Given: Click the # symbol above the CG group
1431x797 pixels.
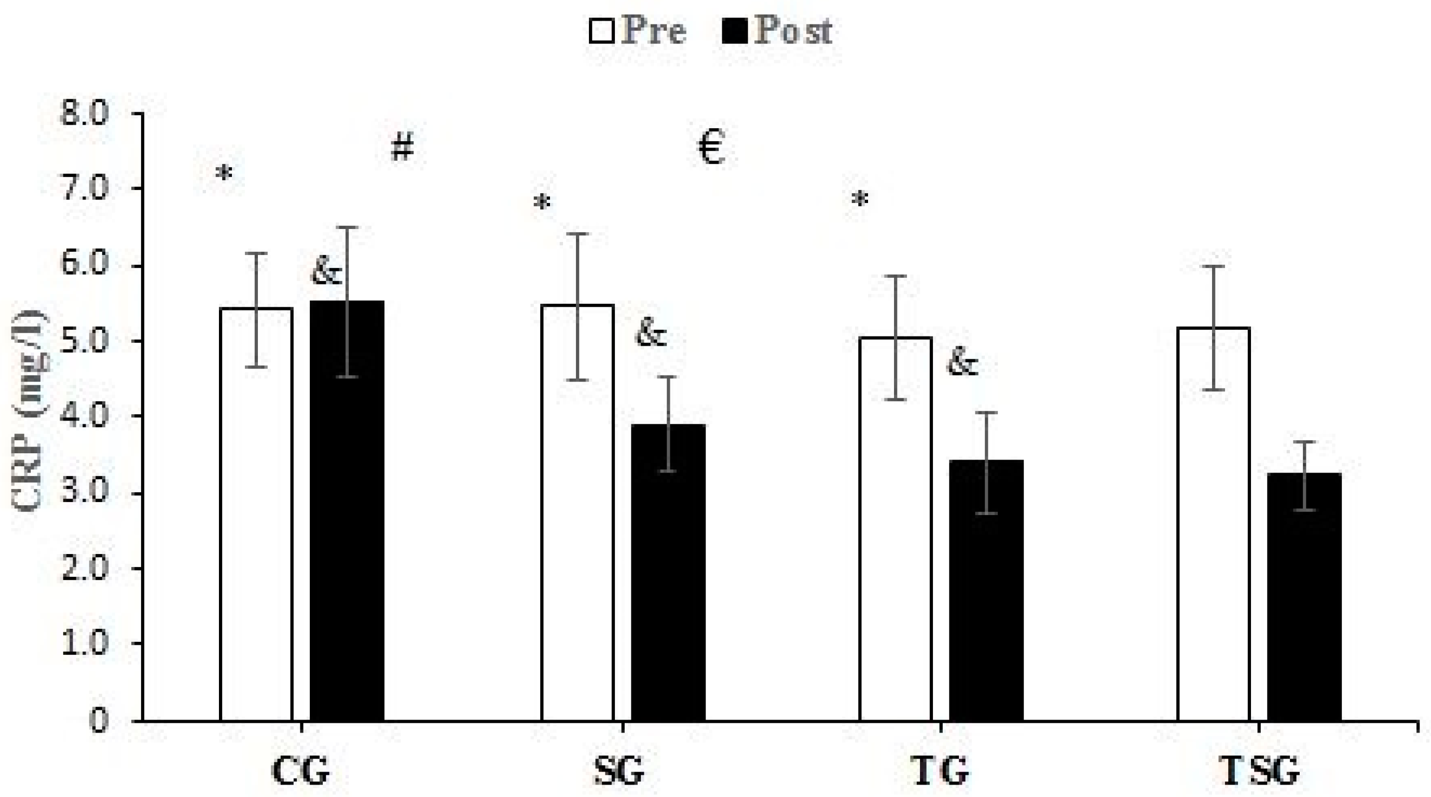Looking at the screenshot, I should pos(402,148).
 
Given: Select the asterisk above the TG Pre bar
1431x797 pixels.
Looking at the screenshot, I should pos(859,200).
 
